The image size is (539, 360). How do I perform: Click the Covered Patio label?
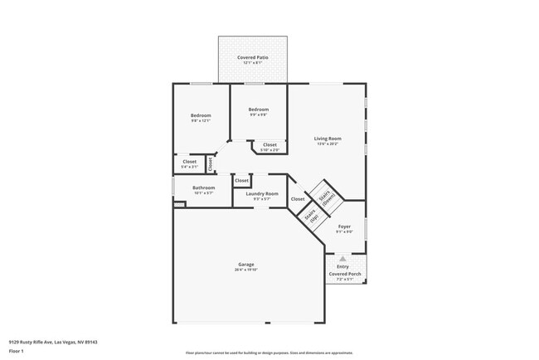(x=252, y=57)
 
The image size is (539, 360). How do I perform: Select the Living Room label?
(x=328, y=139)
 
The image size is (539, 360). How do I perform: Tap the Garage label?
(x=246, y=265)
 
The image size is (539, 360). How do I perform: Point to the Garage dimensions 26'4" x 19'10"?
(x=246, y=270)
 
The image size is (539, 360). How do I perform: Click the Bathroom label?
(x=204, y=187)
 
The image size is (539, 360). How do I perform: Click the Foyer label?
(x=344, y=226)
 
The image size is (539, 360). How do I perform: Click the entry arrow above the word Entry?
(x=343, y=259)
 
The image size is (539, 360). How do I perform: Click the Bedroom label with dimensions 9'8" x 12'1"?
(x=201, y=115)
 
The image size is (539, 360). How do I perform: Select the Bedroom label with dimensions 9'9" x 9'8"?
(x=259, y=109)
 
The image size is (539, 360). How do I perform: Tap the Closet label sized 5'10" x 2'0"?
(x=270, y=145)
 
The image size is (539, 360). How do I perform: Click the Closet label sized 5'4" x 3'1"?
(x=190, y=162)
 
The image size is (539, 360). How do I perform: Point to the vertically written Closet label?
(x=211, y=163)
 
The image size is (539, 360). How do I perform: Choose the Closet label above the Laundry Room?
(x=241, y=180)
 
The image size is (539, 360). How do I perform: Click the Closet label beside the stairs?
(x=297, y=199)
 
